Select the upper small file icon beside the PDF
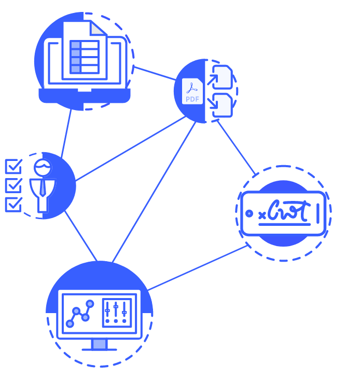pos(223,77)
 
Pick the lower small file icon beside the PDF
pos(223,105)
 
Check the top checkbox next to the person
pos(13,167)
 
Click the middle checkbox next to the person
pos(13,185)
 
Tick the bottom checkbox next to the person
pos(13,204)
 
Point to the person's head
pos(42,167)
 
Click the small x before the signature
pos(262,214)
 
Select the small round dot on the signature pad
pos(250,213)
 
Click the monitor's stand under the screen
pos(99,344)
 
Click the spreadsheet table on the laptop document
pos(84,57)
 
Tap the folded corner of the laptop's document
pos(98,28)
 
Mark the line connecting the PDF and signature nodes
pos(236,147)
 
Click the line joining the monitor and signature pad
pos(197,268)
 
